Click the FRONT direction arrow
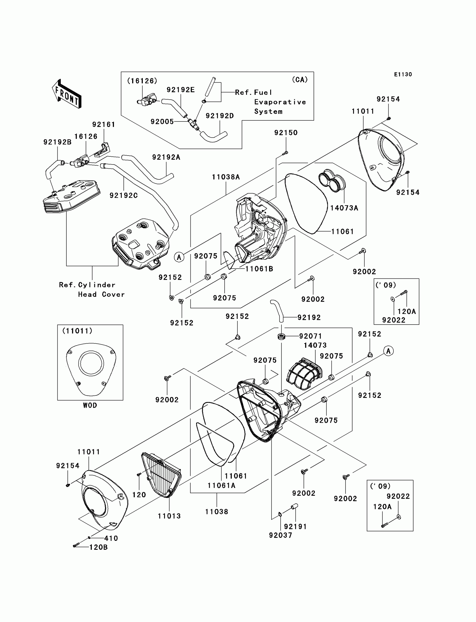pos(67,94)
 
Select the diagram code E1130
pos(403,74)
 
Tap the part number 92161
pos(104,125)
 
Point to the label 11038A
pos(226,177)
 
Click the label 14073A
pos(344,208)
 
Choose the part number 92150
pos(286,133)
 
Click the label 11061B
pos(259,269)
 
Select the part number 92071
pos(311,336)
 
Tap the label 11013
pos(169,516)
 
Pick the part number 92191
pos(295,527)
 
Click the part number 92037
pos(281,535)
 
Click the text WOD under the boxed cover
pos(90,405)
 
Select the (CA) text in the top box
pos(300,80)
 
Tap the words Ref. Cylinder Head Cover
pos(92,290)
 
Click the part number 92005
pos(162,122)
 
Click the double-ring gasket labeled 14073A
pos(332,181)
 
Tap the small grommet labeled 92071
pos(281,337)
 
